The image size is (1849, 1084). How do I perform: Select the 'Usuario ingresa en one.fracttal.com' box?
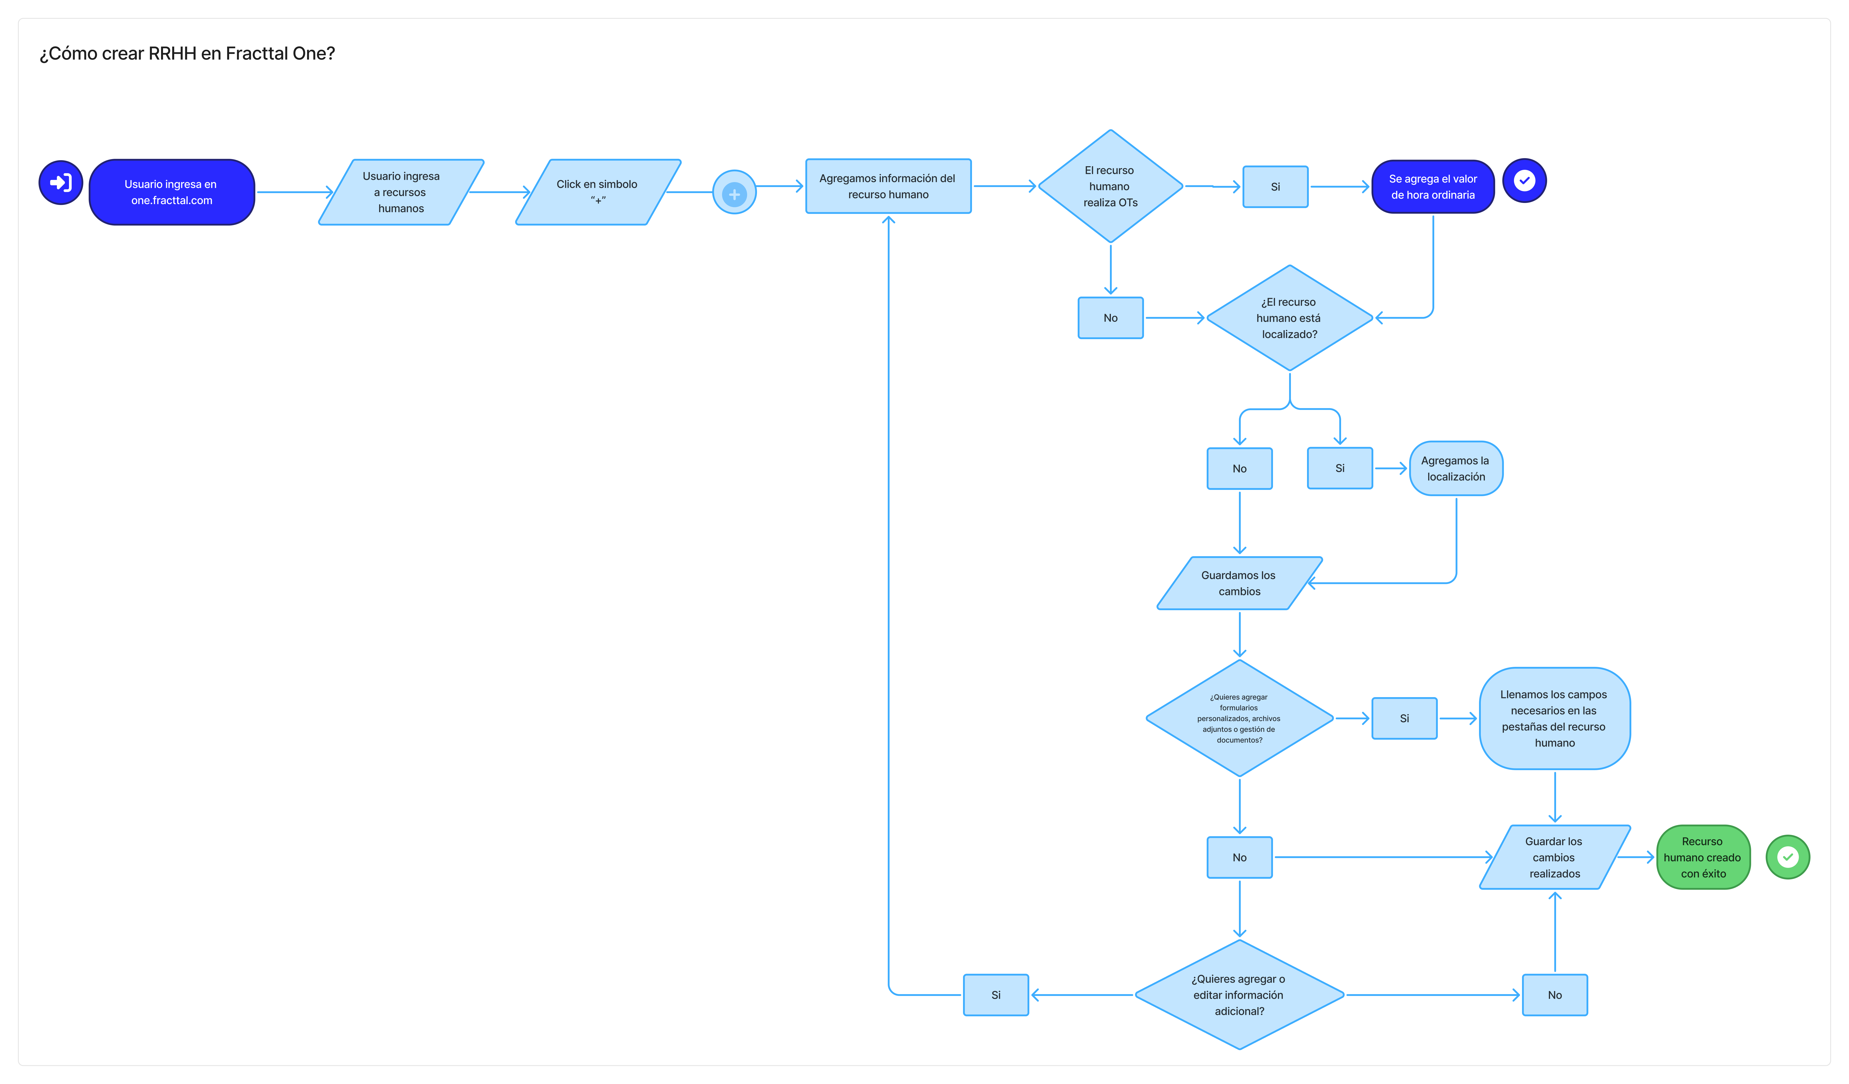pos(172,192)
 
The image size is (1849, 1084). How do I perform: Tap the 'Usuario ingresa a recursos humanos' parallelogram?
pos(401,192)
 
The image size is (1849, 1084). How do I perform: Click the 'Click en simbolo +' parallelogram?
pos(598,192)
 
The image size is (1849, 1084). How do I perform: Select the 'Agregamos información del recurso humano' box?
pos(888,186)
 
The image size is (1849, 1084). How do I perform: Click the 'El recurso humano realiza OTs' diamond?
pos(1111,186)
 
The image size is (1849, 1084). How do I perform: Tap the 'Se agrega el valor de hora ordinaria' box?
pos(1433,187)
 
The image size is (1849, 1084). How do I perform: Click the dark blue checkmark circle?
pos(1525,181)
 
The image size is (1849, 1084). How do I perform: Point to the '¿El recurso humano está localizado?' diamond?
pos(1290,318)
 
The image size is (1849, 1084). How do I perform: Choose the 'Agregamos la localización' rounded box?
pos(1456,468)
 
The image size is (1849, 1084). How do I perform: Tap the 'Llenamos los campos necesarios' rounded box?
pos(1555,718)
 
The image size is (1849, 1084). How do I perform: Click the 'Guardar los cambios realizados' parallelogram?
pos(1555,857)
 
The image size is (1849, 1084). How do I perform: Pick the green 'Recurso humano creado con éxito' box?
pos(1703,857)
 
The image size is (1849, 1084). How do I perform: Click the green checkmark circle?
pos(1788,857)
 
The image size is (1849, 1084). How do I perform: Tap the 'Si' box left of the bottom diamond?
pos(996,995)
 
